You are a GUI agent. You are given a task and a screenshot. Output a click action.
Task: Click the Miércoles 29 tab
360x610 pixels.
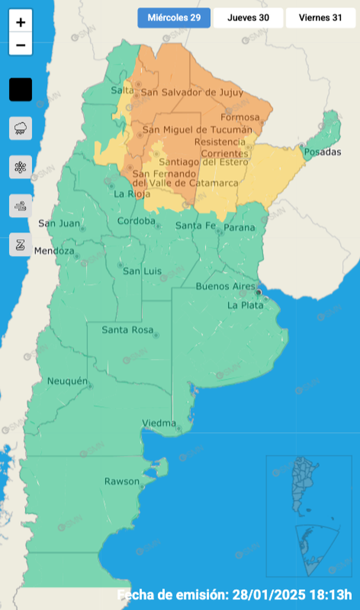[x=174, y=18]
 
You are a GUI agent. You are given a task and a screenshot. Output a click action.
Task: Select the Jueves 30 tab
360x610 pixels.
[x=248, y=18]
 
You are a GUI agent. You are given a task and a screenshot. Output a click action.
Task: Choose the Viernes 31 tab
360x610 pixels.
[x=320, y=18]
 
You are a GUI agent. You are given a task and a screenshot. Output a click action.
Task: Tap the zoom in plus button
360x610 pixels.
[x=21, y=22]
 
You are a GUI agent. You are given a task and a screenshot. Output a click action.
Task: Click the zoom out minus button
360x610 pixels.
[x=21, y=45]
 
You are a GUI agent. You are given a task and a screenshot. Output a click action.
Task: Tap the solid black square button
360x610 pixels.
[x=21, y=90]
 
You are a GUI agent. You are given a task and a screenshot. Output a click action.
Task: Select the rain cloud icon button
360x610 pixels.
[x=21, y=128]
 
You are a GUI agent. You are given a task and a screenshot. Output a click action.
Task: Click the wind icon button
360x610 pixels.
[x=21, y=206]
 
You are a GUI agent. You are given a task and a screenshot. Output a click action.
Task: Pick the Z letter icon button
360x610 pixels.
[x=21, y=245]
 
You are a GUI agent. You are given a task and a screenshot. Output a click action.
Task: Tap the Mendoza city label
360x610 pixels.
[x=54, y=251]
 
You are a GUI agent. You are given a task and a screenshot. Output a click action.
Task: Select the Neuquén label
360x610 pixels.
[x=67, y=381]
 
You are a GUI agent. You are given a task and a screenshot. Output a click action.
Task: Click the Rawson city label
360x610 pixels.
[x=122, y=481]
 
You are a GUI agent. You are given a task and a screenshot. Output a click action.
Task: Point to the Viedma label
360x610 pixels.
[x=159, y=423]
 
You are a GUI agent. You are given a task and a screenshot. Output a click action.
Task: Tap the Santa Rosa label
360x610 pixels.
[x=127, y=330]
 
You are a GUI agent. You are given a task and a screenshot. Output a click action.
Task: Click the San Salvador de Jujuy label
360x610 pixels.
[x=185, y=92]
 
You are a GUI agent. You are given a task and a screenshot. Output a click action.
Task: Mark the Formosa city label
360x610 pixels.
[x=240, y=117]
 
